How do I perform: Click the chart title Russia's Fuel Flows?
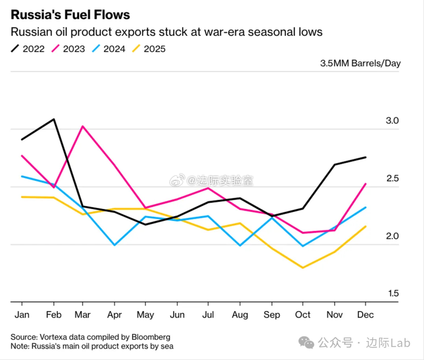click(70, 15)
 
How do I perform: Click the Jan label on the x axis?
click(22, 315)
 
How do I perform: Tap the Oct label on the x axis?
click(303, 315)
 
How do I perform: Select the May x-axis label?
click(146, 315)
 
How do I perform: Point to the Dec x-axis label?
click(366, 315)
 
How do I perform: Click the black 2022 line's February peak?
click(54, 119)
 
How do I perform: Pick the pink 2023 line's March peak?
click(83, 126)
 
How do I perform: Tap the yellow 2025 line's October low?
click(303, 268)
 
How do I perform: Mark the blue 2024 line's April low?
click(114, 245)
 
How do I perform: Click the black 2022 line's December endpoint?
click(366, 157)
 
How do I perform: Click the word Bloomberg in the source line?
click(151, 337)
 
